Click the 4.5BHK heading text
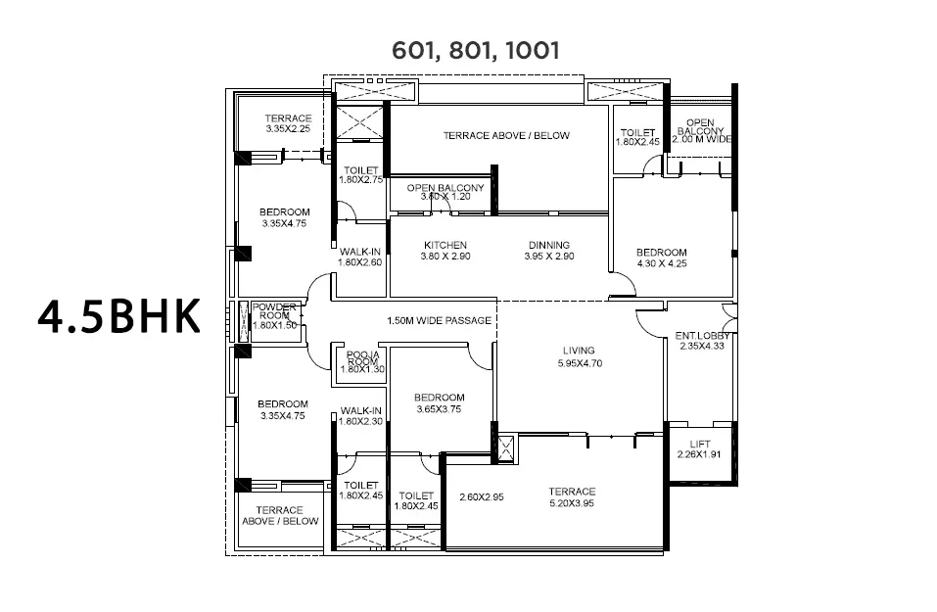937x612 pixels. pos(118,315)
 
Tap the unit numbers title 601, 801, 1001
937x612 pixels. pos(476,51)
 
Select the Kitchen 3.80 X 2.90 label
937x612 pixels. pos(445,251)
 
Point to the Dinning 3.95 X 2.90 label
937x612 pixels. pos(549,251)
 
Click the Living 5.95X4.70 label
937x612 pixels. pos(580,356)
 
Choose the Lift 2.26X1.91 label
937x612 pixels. pos(699,448)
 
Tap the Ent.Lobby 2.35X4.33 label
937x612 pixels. pos(702,341)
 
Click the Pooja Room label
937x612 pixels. pos(362,362)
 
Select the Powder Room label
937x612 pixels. pos(274,316)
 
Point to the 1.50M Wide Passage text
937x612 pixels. pos(440,321)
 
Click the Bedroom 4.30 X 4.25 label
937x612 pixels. pos(662,258)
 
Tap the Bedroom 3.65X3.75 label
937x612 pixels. pos(440,403)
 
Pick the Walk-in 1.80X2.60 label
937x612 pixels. pos(359,257)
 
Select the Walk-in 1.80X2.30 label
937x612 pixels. pos(361,416)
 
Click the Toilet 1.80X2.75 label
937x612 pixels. pos(361,175)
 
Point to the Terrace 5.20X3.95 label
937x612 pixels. pos(572,497)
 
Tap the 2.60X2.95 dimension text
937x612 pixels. pos(482,497)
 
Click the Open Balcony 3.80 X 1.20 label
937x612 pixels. pos(445,192)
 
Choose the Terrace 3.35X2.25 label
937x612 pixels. pos(288,123)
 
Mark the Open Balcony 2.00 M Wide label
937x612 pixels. pos(701,131)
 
